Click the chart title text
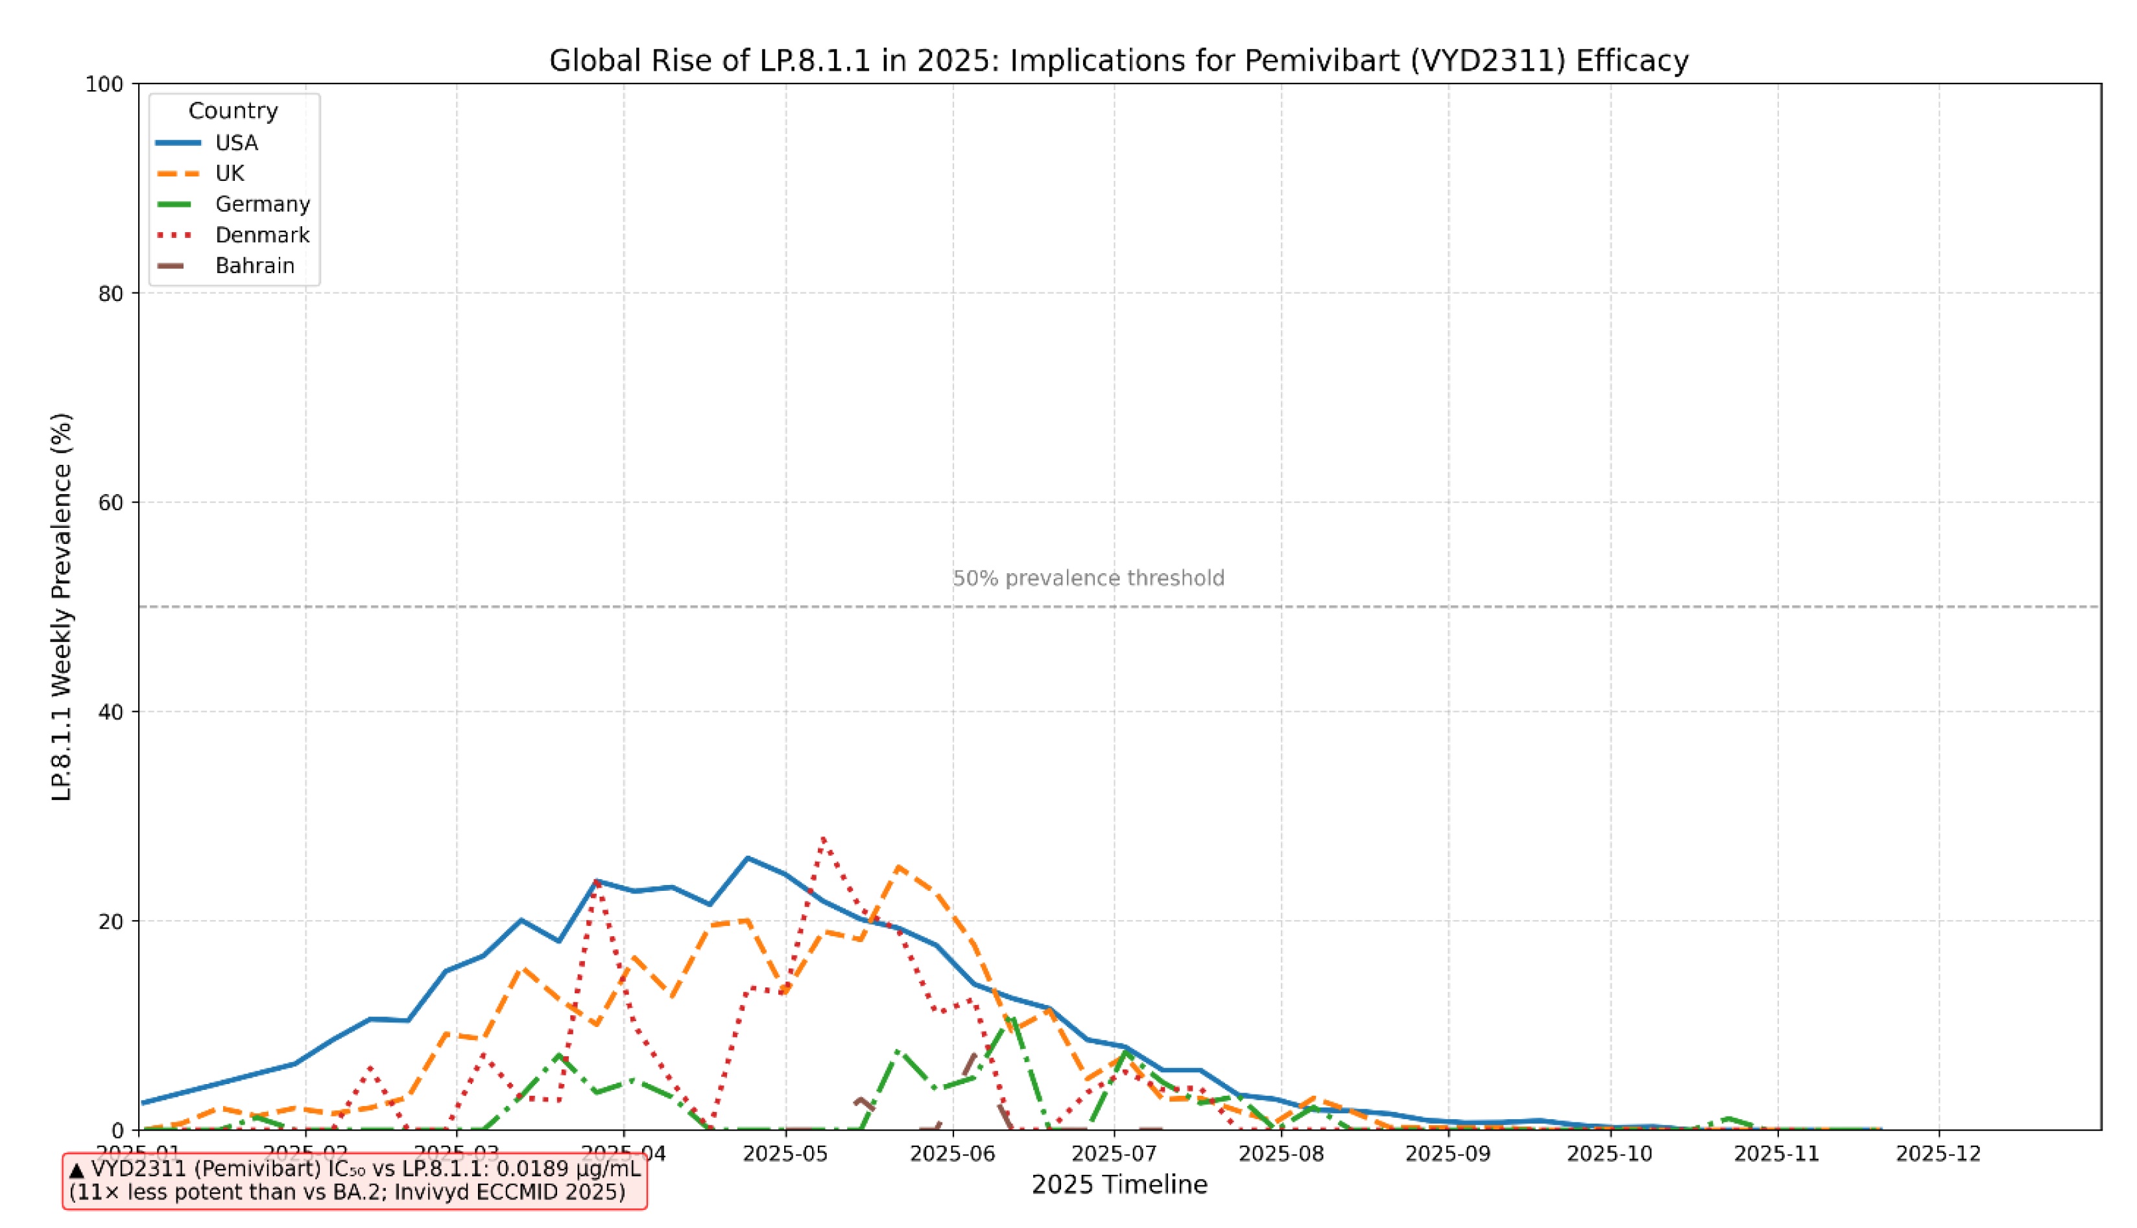click(x=1118, y=61)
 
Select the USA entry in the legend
click(x=236, y=143)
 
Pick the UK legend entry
click(x=230, y=174)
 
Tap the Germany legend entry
click(x=263, y=204)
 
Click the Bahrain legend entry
click(x=255, y=266)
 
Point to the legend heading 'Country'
click(x=233, y=110)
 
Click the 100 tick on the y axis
click(x=104, y=84)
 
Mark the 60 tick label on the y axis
click(x=110, y=502)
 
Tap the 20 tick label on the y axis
click(x=110, y=921)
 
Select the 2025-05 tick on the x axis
click(x=785, y=1153)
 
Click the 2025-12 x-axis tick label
click(x=1938, y=1153)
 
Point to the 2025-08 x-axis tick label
click(x=1281, y=1153)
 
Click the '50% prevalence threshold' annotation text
click(x=1088, y=578)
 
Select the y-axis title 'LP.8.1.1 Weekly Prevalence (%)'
click(x=62, y=608)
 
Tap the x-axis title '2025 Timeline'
click(x=1119, y=1185)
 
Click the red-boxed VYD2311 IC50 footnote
click(x=354, y=1181)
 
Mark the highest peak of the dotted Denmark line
click(x=822, y=838)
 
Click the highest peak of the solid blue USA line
click(x=748, y=858)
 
